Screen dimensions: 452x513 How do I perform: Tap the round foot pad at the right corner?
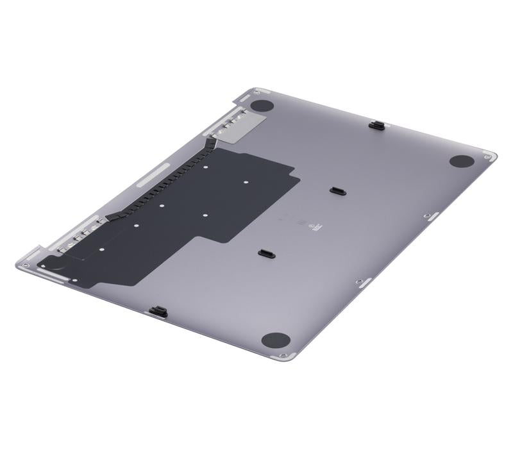pos(461,162)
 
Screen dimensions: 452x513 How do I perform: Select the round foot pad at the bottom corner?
pos(275,340)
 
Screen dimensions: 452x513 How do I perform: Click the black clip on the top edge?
pos(378,124)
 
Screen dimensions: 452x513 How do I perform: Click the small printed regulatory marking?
pos(301,222)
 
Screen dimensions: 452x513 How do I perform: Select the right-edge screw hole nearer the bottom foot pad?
pos(359,281)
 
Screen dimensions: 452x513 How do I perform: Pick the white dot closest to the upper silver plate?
pos(205,167)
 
